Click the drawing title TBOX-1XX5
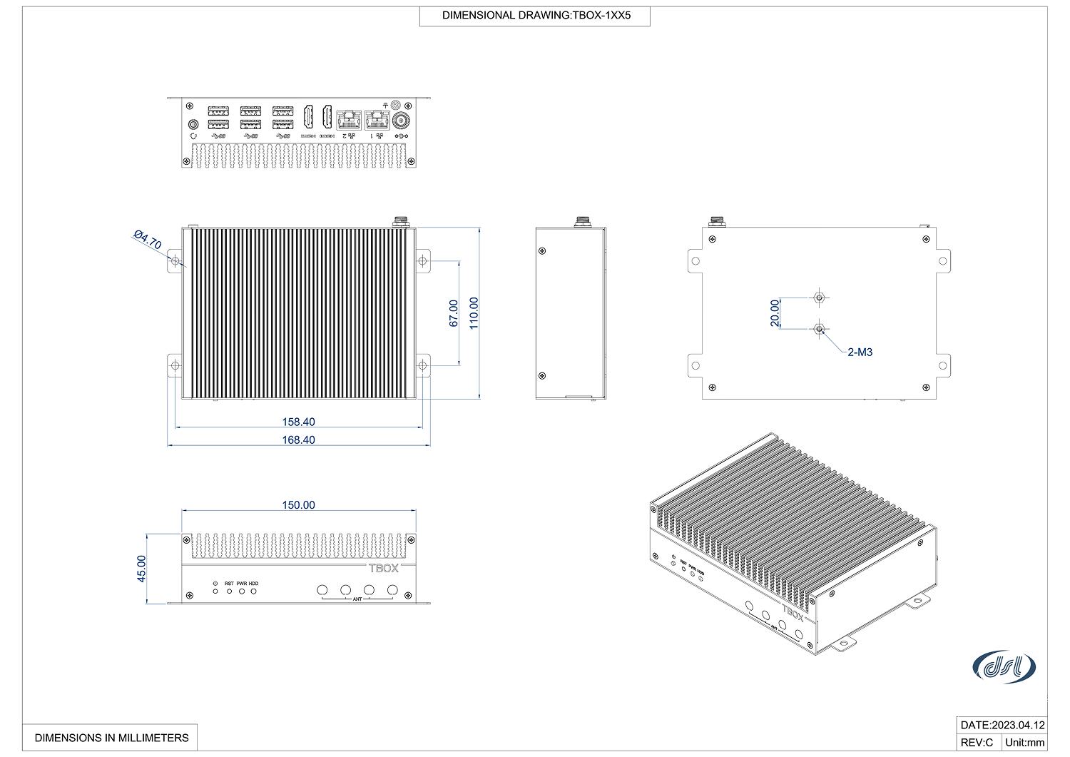(534, 15)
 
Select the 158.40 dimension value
(298, 422)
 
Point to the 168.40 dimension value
(298, 440)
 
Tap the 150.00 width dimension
(298, 504)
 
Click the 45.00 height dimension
(141, 569)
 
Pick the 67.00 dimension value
(453, 313)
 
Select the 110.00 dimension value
(473, 313)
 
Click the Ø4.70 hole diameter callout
(148, 240)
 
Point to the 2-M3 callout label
(860, 352)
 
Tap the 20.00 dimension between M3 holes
(775, 313)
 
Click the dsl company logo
(1004, 666)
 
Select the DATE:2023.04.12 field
(1002, 725)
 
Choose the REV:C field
(977, 742)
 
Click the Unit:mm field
(1024, 742)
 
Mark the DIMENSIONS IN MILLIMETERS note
(111, 737)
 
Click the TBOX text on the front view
(383, 568)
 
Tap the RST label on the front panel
(229, 583)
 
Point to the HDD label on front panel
(254, 583)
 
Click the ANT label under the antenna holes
(357, 599)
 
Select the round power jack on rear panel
(401, 121)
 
